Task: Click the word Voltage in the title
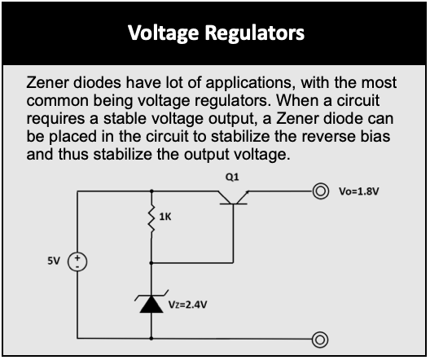pyautogui.click(x=163, y=33)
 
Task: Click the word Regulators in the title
pyautogui.click(x=255, y=33)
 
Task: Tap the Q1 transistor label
pyautogui.click(x=232, y=178)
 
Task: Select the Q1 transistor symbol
pyautogui.click(x=233, y=198)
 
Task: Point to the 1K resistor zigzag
pyautogui.click(x=151, y=218)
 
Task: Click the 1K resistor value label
pyautogui.click(x=165, y=217)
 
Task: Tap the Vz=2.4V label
pyautogui.click(x=187, y=305)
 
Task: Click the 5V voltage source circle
pyautogui.click(x=77, y=261)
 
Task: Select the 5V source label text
pyautogui.click(x=54, y=261)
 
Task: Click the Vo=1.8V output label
pyautogui.click(x=359, y=191)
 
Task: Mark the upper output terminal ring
pyautogui.click(x=320, y=191)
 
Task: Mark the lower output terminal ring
pyautogui.click(x=320, y=340)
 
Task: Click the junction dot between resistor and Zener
pyautogui.click(x=151, y=263)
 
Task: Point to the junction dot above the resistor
pyautogui.click(x=151, y=191)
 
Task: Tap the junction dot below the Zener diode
pyautogui.click(x=151, y=339)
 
